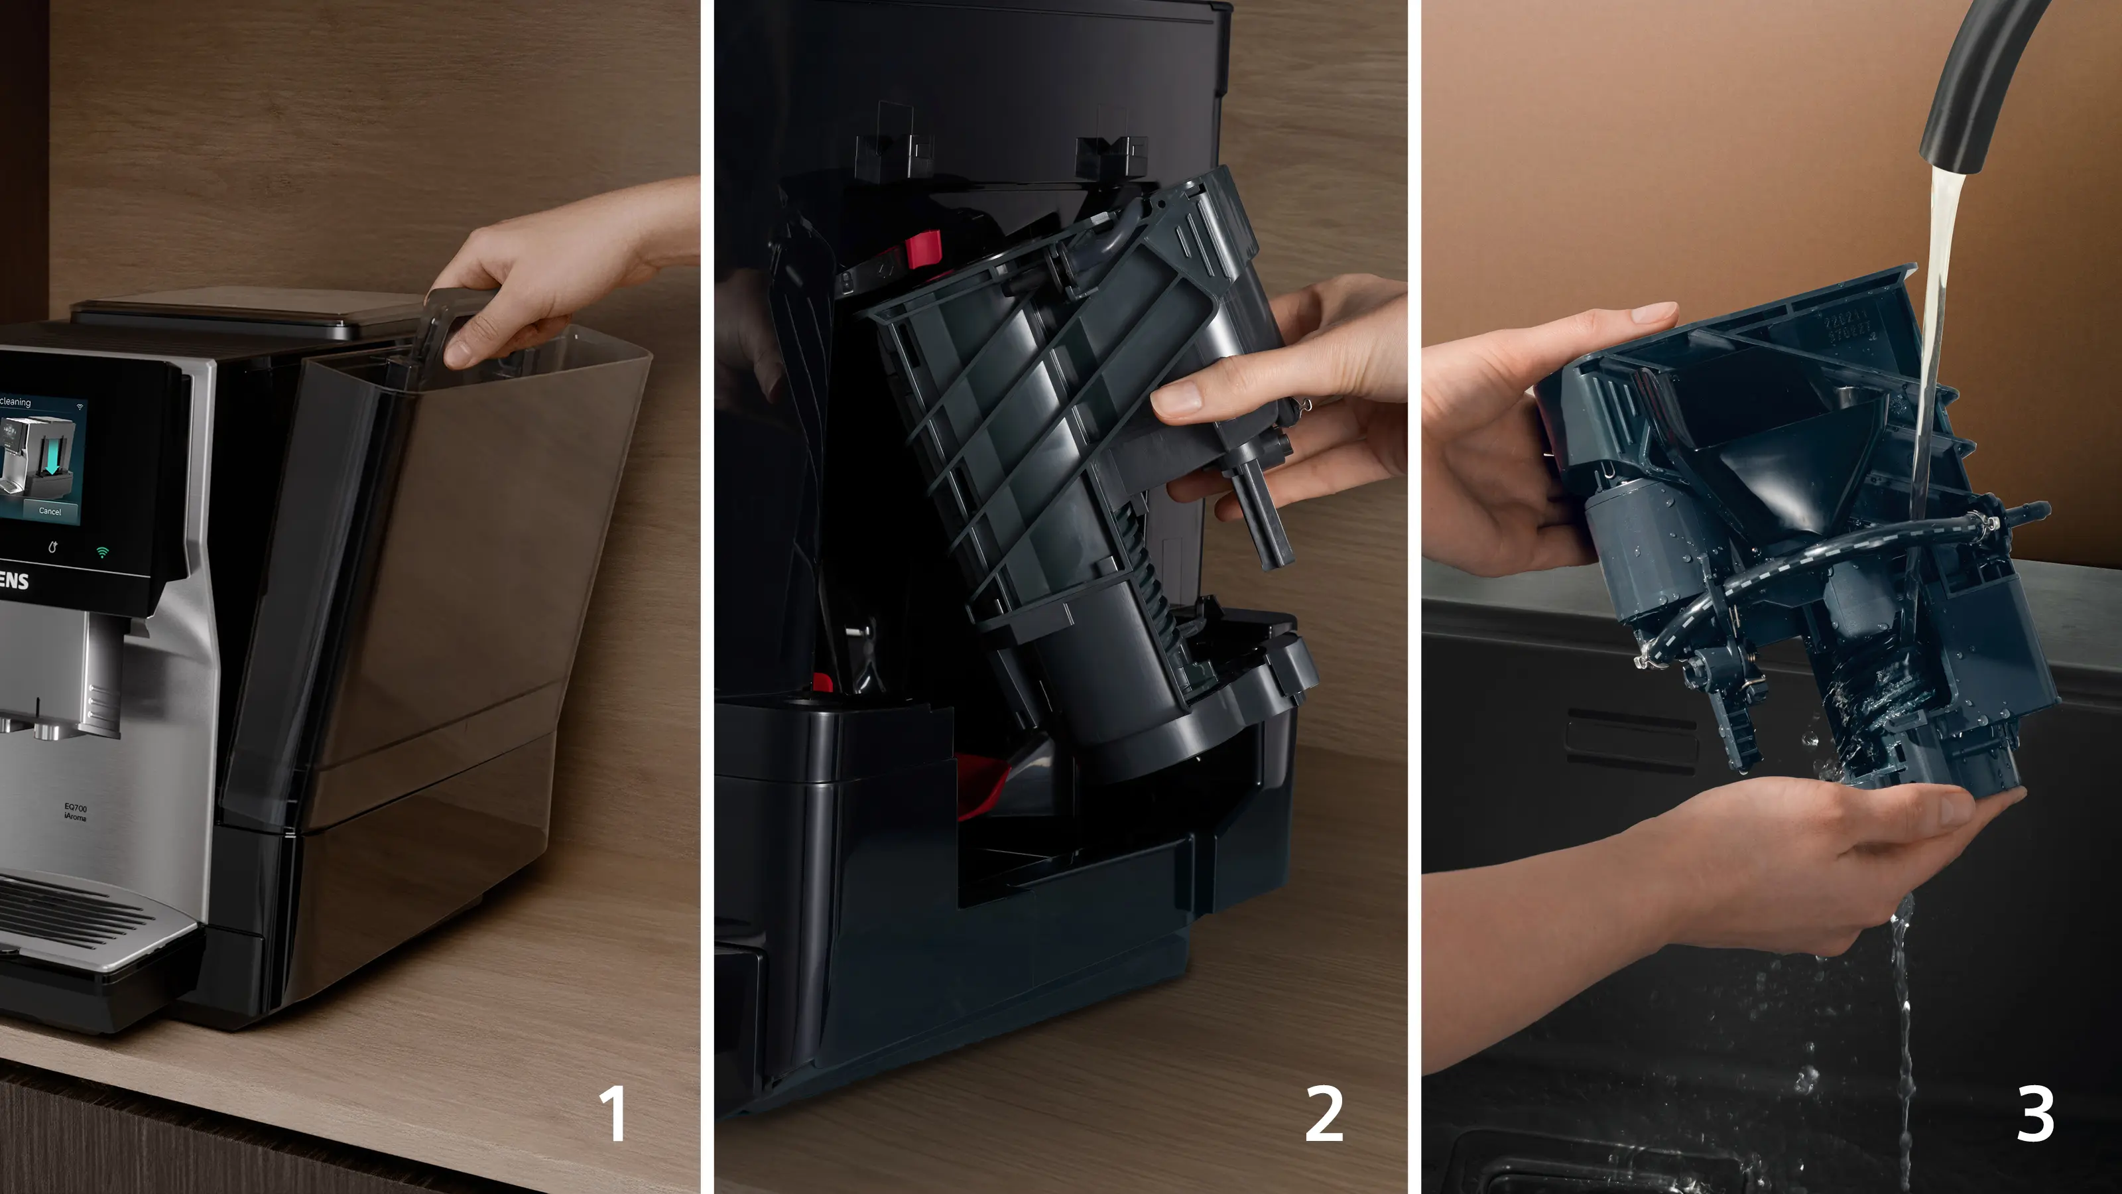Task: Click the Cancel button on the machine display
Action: [x=50, y=511]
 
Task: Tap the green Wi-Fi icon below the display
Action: [x=102, y=552]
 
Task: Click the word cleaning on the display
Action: [x=16, y=402]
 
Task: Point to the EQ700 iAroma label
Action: [x=75, y=812]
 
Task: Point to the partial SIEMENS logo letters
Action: [x=14, y=581]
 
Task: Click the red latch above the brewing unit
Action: [x=922, y=249]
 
